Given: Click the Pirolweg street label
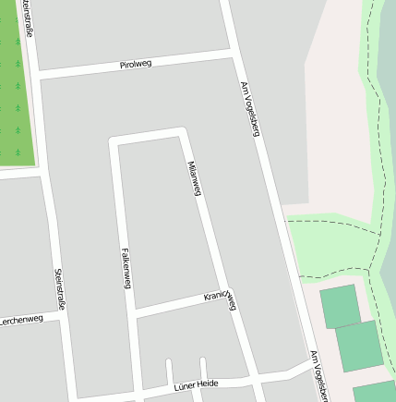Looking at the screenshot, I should (x=136, y=65).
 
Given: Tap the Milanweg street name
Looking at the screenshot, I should (x=194, y=177).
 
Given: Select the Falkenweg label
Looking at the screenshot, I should (x=126, y=267).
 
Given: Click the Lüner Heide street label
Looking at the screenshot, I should (x=195, y=384).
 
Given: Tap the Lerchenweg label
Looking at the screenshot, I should (x=21, y=320).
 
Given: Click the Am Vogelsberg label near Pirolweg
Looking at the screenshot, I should (x=249, y=107).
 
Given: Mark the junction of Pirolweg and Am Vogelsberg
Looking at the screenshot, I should (x=233, y=56).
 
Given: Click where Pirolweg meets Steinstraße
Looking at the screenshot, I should (x=35, y=74).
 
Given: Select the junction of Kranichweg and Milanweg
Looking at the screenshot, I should (x=226, y=295).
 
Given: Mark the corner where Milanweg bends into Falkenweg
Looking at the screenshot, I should (x=183, y=131).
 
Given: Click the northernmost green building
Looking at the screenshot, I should (x=340, y=306).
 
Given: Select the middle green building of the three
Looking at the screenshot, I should (x=359, y=345).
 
